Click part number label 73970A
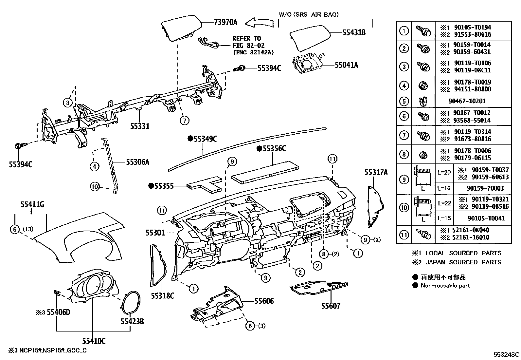(225, 22)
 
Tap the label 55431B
(354, 32)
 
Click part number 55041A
(346, 65)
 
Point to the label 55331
(140, 126)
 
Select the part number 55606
(264, 301)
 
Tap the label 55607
(331, 306)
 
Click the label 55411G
(32, 205)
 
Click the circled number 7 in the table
(404, 135)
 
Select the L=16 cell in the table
(444, 188)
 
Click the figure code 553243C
(507, 354)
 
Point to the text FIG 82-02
(248, 46)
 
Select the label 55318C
(162, 296)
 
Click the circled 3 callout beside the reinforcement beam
(67, 103)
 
